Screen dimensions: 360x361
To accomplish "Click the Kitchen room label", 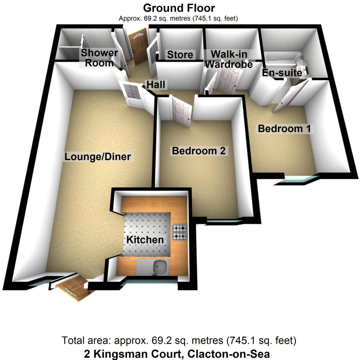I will (145, 239).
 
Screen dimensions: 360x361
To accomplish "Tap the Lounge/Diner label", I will (98, 156).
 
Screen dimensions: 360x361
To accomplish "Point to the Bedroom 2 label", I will (199, 151).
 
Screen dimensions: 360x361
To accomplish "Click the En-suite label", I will (282, 72).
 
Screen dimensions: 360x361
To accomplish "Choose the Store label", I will (180, 55).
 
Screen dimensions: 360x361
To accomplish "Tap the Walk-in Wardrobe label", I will (229, 59).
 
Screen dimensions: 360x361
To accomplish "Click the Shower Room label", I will (99, 57).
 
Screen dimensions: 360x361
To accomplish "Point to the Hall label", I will (156, 85).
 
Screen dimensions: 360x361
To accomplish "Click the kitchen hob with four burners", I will (180, 232).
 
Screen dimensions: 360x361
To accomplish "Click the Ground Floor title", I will (179, 8).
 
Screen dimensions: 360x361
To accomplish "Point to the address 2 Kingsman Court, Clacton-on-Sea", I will (177, 353).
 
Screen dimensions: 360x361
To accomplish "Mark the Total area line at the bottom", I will (179, 341).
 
